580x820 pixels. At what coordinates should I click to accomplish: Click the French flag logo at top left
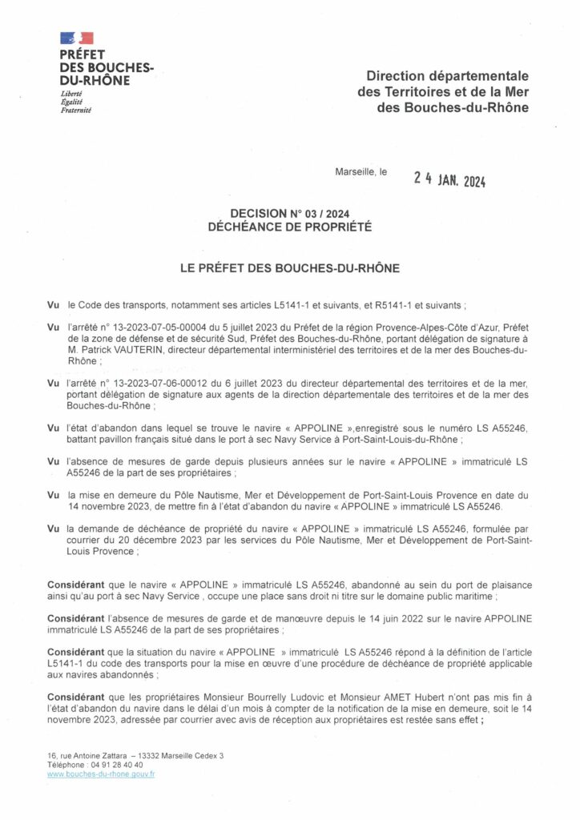tap(77, 38)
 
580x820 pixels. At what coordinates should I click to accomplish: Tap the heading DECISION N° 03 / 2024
tap(289, 213)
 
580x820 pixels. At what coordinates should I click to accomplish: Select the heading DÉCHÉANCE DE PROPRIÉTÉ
tap(289, 226)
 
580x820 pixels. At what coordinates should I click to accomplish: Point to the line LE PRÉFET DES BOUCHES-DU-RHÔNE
tap(289, 269)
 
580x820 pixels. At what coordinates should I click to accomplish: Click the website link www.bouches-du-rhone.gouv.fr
tap(101, 774)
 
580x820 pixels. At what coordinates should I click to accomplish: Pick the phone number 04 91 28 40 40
tap(118, 765)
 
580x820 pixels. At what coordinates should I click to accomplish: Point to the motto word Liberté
tap(71, 94)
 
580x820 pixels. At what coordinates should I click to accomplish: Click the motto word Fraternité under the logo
tap(76, 110)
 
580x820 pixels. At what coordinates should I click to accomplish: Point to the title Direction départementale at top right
tap(447, 76)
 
